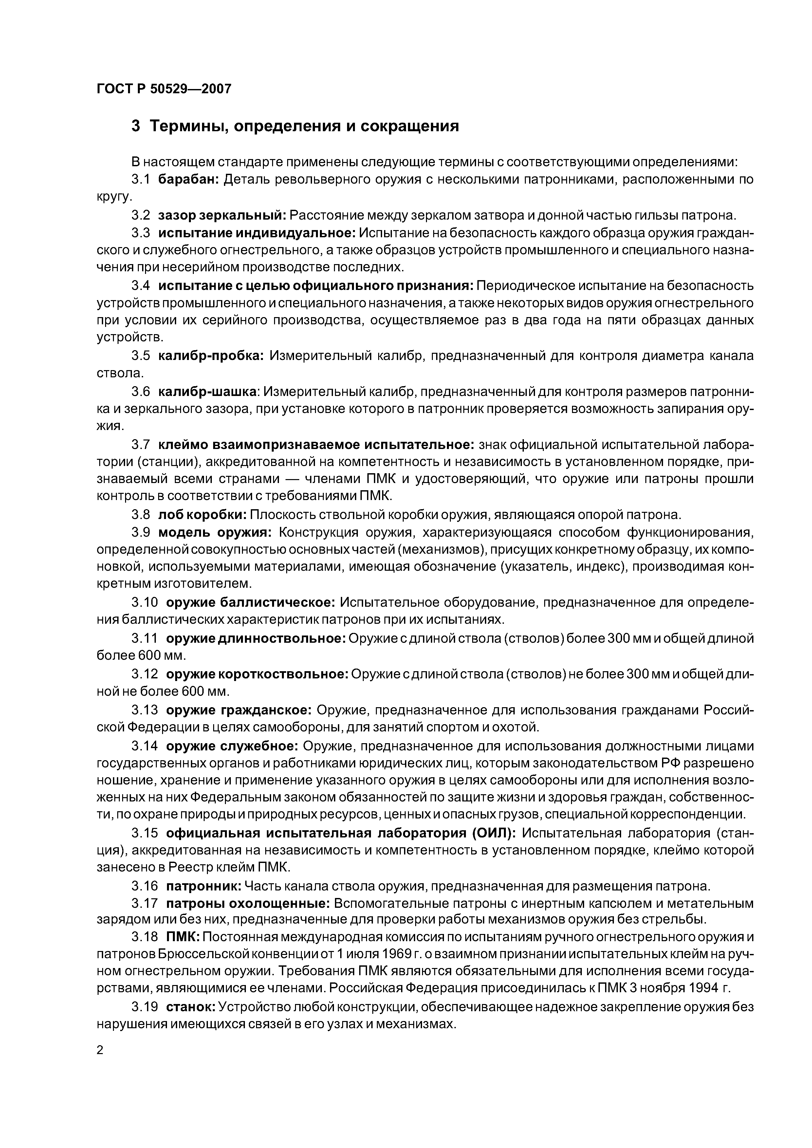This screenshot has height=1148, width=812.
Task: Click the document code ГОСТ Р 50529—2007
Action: (x=164, y=89)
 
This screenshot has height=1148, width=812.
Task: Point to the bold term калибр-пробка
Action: (x=211, y=356)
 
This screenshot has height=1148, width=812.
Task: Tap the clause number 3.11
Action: (x=145, y=638)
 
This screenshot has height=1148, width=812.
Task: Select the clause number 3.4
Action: (x=140, y=285)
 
